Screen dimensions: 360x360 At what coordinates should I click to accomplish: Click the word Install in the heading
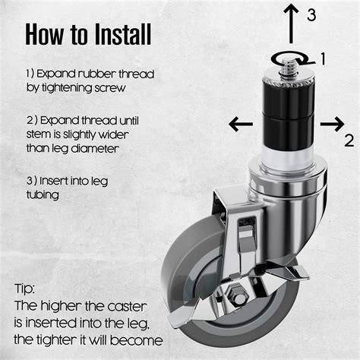click(x=123, y=34)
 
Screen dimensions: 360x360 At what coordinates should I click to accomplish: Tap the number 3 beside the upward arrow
click(x=311, y=14)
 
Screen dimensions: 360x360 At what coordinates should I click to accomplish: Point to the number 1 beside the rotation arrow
click(x=323, y=58)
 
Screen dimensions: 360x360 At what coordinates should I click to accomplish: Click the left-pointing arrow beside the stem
click(x=241, y=124)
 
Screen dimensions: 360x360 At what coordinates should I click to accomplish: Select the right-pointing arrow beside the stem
click(x=333, y=124)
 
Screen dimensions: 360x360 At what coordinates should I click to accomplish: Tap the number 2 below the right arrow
click(x=349, y=141)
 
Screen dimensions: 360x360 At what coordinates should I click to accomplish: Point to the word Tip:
click(x=24, y=289)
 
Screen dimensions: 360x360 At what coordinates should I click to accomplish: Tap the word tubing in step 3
click(x=43, y=194)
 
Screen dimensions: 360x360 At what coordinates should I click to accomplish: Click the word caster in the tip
click(x=127, y=307)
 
